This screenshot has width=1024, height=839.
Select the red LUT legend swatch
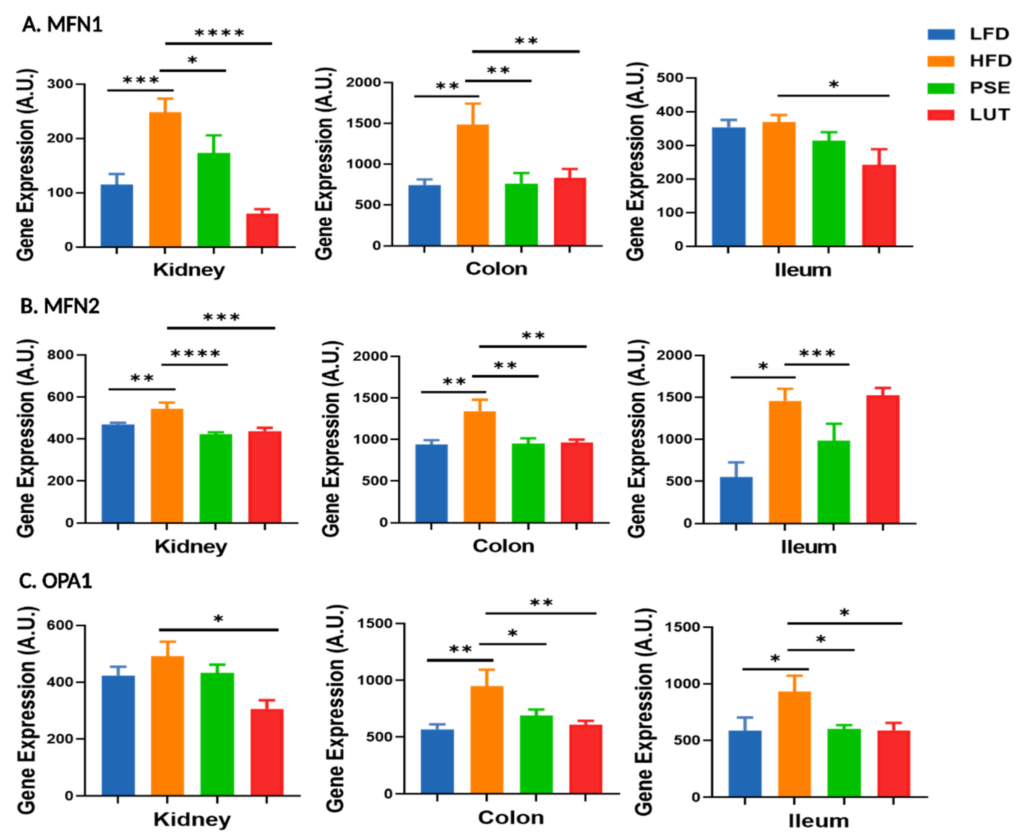(941, 115)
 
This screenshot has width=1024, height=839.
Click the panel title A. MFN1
(62, 25)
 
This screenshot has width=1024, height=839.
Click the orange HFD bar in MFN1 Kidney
(165, 179)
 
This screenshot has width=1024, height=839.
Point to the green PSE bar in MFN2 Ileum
(833, 481)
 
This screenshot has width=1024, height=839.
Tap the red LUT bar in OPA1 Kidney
(267, 752)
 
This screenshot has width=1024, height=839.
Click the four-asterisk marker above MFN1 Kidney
(219, 33)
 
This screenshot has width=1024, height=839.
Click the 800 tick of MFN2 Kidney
(61, 355)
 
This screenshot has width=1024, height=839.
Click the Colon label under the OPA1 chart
(510, 818)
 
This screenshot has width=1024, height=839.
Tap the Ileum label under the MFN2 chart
(809, 547)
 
